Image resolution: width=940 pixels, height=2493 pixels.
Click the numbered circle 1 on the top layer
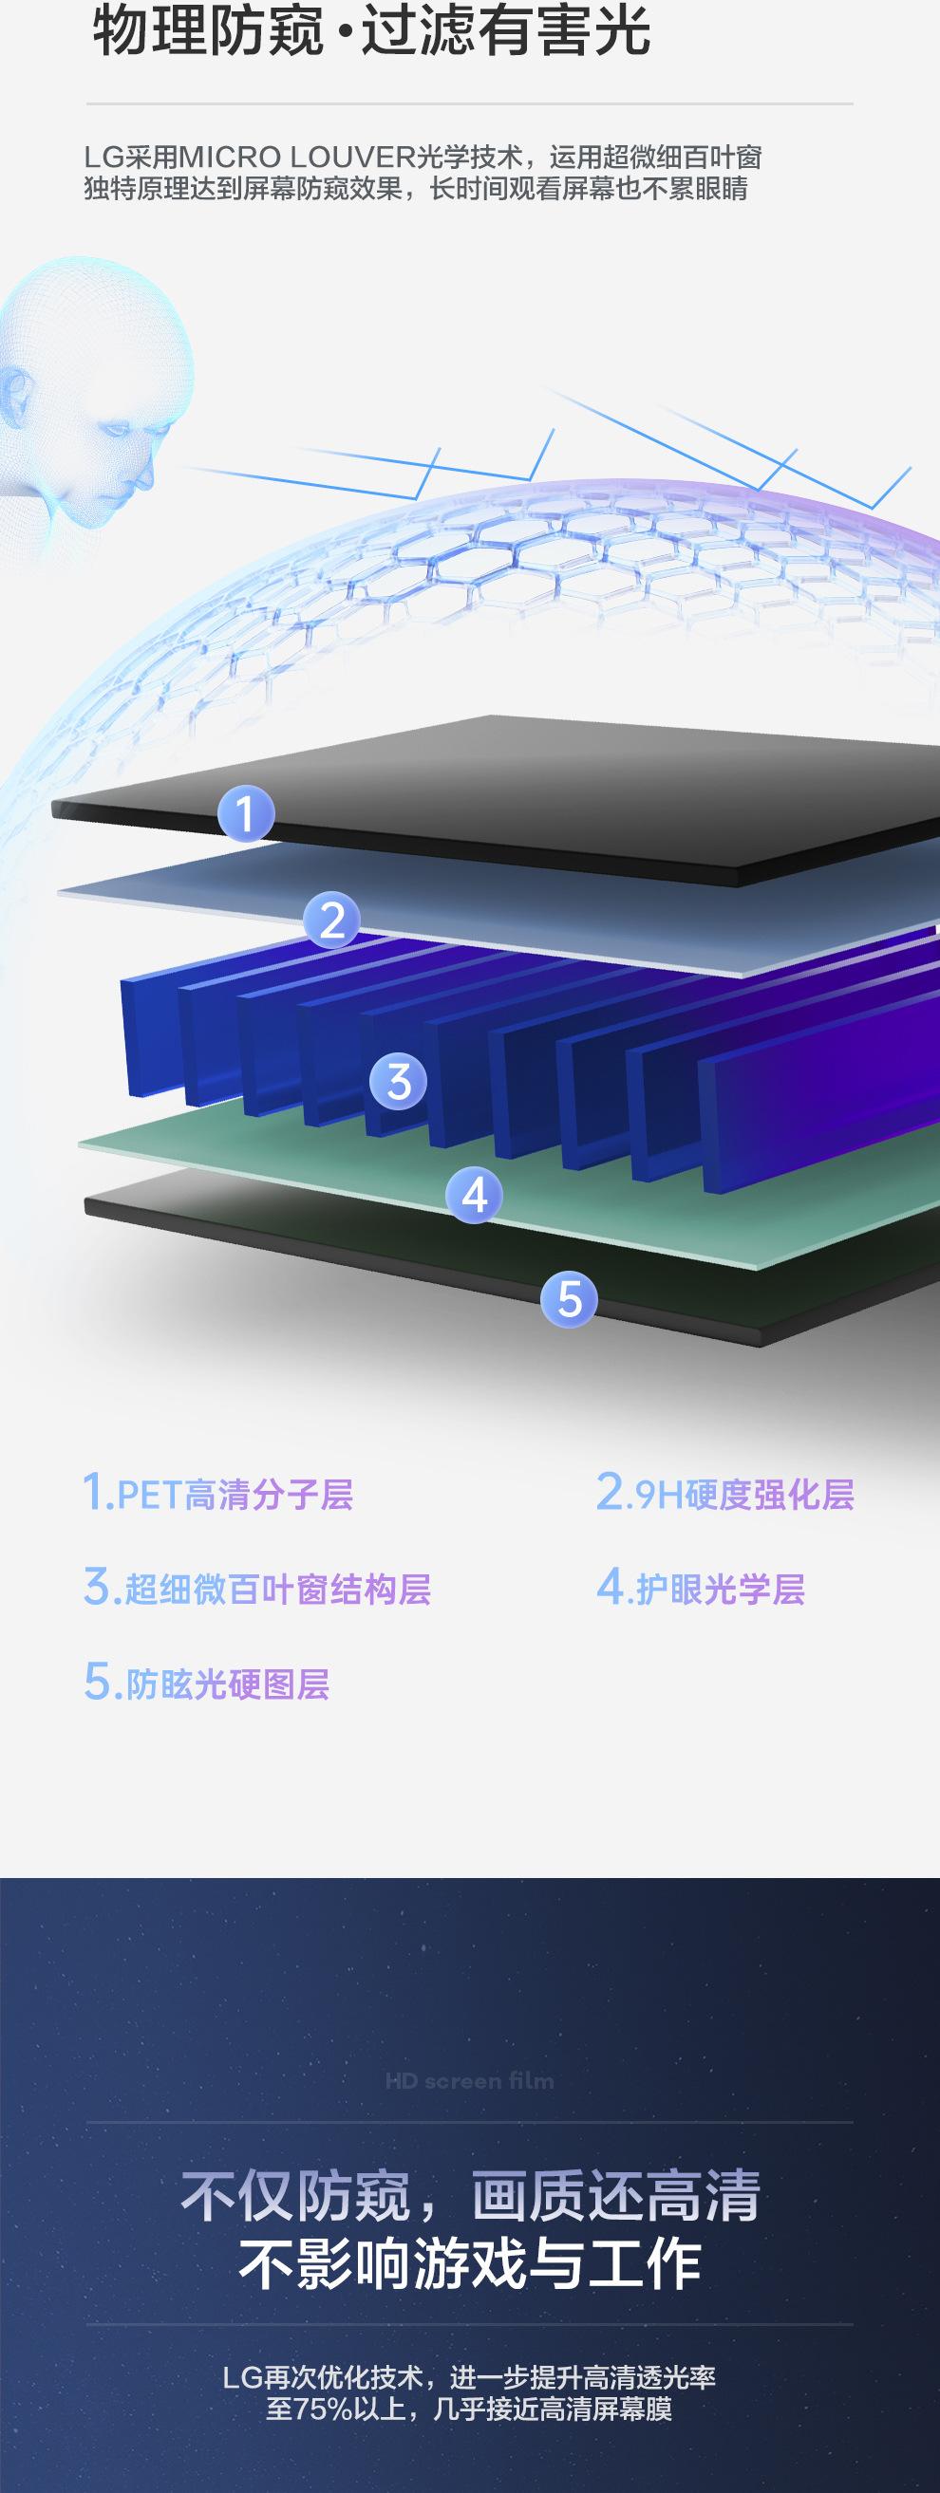[x=246, y=813]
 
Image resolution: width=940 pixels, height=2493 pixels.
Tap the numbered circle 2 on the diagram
[x=332, y=920]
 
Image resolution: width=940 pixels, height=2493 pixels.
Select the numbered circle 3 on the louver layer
[x=399, y=1081]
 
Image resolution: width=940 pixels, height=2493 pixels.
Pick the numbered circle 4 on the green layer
[x=475, y=1195]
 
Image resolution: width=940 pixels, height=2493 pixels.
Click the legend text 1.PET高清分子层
[x=217, y=1494]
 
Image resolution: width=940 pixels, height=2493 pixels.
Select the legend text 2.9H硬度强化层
[x=725, y=1494]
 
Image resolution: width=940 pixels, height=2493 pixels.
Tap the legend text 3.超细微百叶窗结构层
[x=257, y=1588]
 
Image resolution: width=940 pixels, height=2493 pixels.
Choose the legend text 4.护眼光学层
[x=701, y=1588]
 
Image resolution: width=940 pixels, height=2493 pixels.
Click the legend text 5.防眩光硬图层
[x=207, y=1683]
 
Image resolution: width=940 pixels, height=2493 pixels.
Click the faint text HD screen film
[x=469, y=2082]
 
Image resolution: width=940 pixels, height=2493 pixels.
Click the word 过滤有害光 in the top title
[x=505, y=31]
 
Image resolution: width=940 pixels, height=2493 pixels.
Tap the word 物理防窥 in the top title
[x=209, y=31]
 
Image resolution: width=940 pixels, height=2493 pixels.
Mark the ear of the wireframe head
[x=13, y=395]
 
